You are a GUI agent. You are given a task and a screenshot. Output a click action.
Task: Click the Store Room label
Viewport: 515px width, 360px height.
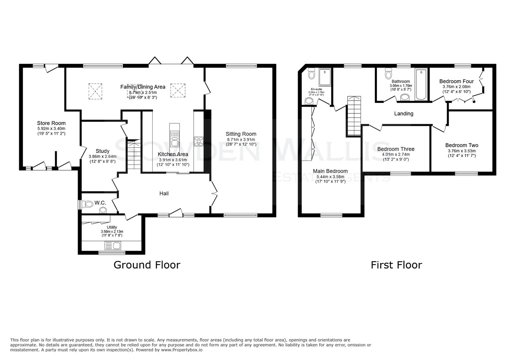51,123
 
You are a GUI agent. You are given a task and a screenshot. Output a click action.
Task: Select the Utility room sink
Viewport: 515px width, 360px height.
113,246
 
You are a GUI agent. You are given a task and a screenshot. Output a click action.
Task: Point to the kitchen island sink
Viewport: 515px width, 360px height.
174,138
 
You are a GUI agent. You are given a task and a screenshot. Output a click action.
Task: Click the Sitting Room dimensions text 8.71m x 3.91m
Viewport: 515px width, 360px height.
241,139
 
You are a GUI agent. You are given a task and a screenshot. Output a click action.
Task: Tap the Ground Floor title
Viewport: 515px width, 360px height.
147,265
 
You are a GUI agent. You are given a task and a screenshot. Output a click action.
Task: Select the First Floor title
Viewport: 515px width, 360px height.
396,265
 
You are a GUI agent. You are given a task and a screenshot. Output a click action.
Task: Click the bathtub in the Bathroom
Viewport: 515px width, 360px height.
421,84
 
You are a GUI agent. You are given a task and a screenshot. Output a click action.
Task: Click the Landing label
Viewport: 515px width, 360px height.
404,114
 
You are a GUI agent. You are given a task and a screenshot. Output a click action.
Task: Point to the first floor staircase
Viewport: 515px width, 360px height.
354,116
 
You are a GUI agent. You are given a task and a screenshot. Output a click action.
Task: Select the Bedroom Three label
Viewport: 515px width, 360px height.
396,149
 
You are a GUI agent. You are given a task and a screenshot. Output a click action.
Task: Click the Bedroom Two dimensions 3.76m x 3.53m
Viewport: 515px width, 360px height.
462,151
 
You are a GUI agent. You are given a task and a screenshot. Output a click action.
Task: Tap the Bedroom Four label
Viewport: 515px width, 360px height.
456,81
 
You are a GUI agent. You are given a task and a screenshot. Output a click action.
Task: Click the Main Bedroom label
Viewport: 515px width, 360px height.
330,171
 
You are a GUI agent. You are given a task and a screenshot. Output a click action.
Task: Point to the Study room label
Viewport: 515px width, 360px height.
102,151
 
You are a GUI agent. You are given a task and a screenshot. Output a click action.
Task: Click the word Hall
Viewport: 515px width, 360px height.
164,193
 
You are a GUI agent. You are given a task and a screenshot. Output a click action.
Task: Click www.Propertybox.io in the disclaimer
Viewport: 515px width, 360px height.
181,350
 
